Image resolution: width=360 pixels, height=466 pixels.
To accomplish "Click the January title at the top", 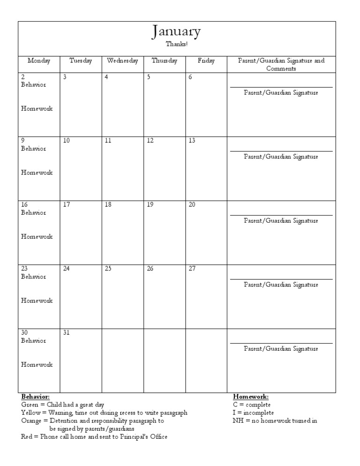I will (176, 32).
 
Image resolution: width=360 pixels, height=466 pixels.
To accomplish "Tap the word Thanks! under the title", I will (176, 44).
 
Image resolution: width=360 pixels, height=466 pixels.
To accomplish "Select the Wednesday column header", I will (122, 61).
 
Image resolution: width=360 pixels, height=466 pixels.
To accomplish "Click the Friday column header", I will (206, 61).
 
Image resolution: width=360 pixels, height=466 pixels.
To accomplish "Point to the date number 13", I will (192, 141).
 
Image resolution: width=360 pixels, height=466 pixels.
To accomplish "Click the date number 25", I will (108, 269).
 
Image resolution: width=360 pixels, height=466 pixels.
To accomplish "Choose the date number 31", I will (66, 332).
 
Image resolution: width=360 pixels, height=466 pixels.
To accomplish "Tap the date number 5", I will (149, 77).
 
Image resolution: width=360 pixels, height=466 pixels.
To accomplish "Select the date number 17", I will (66, 205).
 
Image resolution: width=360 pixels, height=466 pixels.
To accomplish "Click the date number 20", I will (192, 205).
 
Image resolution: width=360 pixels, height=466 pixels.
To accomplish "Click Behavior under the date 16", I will (33, 213).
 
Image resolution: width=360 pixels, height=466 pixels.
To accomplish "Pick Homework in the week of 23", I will (37, 301).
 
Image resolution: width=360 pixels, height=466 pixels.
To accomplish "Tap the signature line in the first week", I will (281, 87).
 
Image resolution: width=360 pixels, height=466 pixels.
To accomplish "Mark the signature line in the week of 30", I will (281, 343).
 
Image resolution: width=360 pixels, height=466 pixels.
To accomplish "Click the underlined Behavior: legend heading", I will (35, 397).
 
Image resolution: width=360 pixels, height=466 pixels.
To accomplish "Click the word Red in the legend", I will (27, 436).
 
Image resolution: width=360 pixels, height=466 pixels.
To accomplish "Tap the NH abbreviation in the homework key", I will (238, 421).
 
